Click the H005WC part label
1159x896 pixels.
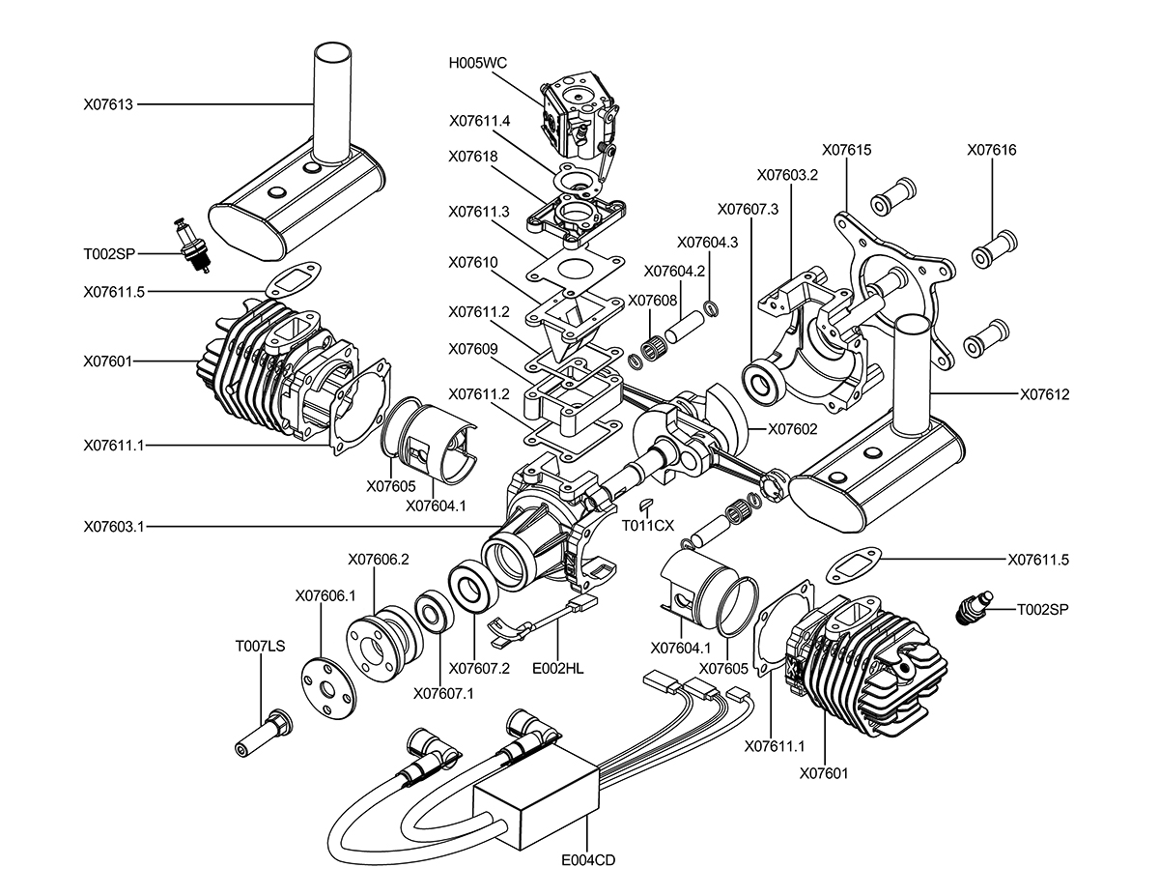pyautogui.click(x=477, y=63)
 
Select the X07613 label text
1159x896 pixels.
pyautogui.click(x=108, y=104)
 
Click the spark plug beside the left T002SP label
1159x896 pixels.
pyautogui.click(x=192, y=246)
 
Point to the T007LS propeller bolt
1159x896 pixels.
pyautogui.click(x=263, y=733)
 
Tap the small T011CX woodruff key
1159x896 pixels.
pyautogui.click(x=645, y=504)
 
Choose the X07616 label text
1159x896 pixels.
pyautogui.click(x=992, y=150)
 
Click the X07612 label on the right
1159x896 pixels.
pyautogui.click(x=1045, y=394)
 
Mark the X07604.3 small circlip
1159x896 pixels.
pyautogui.click(x=712, y=308)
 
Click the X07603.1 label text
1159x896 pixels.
pyautogui.click(x=114, y=527)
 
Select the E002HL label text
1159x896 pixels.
pyautogui.click(x=558, y=668)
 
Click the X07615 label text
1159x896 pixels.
pyautogui.click(x=846, y=150)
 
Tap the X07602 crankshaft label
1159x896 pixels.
pyautogui.click(x=793, y=429)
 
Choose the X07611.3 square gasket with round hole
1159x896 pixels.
pyautogui.click(x=576, y=268)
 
